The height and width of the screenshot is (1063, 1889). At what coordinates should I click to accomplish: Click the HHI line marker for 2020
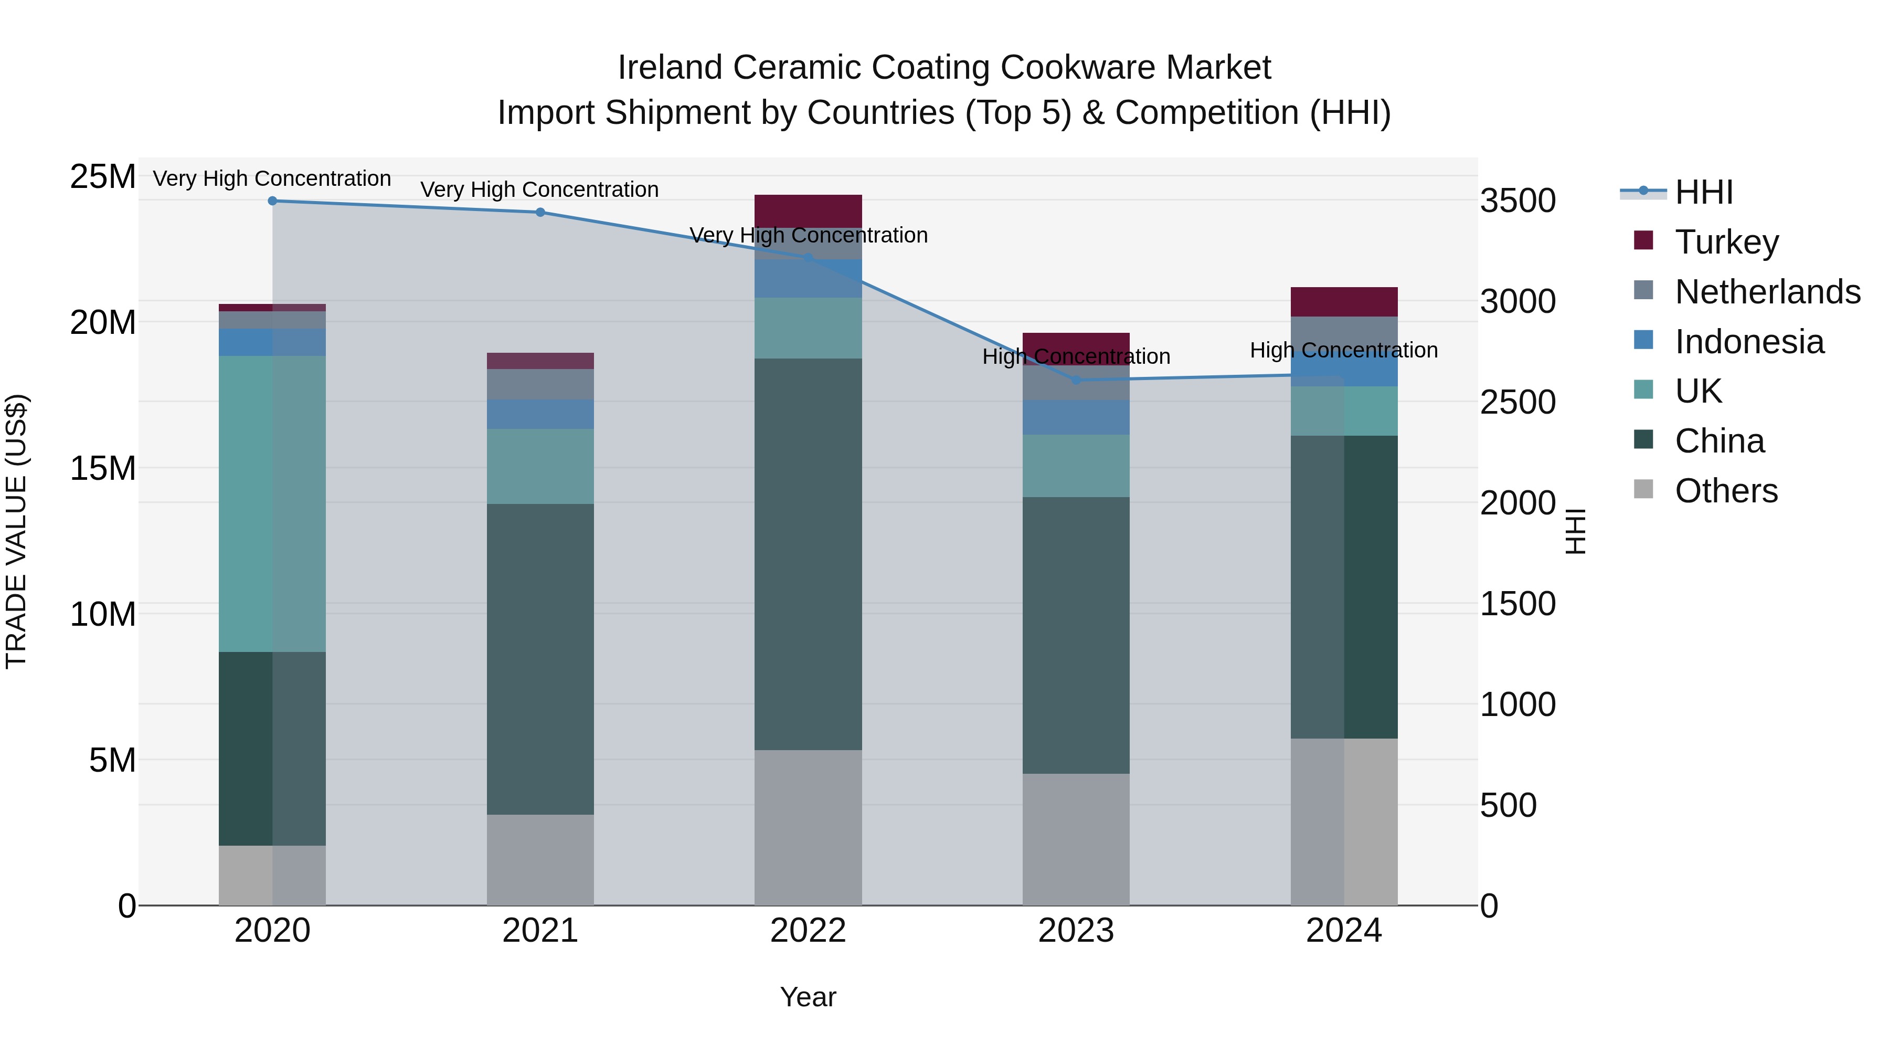[272, 201]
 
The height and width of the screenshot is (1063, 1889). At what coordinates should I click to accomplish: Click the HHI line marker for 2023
[1076, 380]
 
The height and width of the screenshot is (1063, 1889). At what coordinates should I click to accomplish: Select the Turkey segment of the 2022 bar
[808, 211]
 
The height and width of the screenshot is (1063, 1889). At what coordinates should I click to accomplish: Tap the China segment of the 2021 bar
[540, 659]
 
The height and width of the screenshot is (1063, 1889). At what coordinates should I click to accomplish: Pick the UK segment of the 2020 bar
[272, 503]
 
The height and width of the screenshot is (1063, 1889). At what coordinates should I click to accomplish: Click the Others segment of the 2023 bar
[1076, 839]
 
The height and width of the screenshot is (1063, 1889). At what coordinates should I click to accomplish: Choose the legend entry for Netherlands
[1767, 292]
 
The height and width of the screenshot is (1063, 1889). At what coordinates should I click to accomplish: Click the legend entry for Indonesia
[1749, 342]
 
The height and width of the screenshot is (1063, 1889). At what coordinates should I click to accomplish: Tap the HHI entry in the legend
[1703, 192]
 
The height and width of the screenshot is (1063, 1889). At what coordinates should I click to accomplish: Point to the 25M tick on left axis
[103, 177]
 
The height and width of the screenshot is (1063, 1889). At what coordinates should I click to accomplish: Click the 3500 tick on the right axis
[1517, 201]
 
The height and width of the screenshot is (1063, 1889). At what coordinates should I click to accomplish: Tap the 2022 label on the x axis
[808, 931]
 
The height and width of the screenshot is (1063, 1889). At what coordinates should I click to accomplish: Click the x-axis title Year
[808, 997]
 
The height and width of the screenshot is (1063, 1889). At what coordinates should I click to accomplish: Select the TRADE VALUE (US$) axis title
[16, 531]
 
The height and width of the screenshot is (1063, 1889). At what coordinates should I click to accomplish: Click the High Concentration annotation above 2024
[1343, 351]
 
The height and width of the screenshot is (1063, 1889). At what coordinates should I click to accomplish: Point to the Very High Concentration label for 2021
[540, 190]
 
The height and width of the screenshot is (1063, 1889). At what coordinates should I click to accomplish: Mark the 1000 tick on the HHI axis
[1517, 704]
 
